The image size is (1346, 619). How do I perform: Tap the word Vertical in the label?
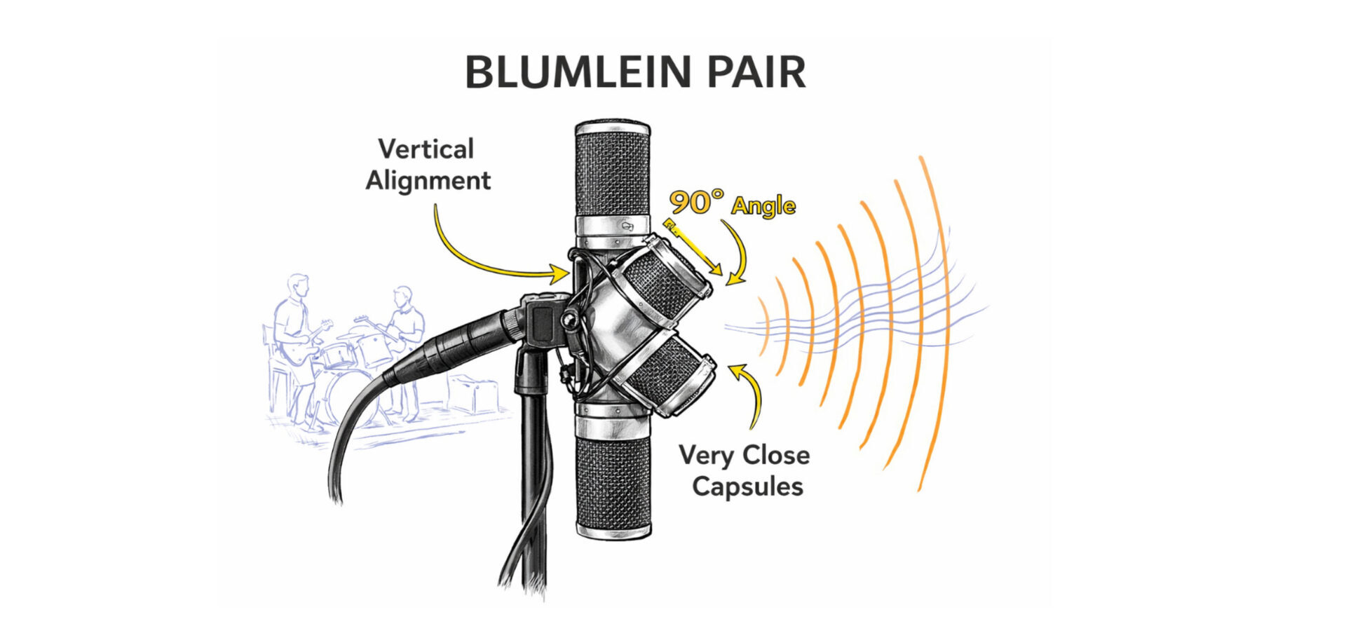point(426,149)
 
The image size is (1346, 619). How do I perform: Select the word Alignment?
point(428,181)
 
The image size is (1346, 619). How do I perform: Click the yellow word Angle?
point(763,206)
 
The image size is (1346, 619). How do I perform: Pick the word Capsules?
point(747,487)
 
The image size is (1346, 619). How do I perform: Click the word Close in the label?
point(776,456)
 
